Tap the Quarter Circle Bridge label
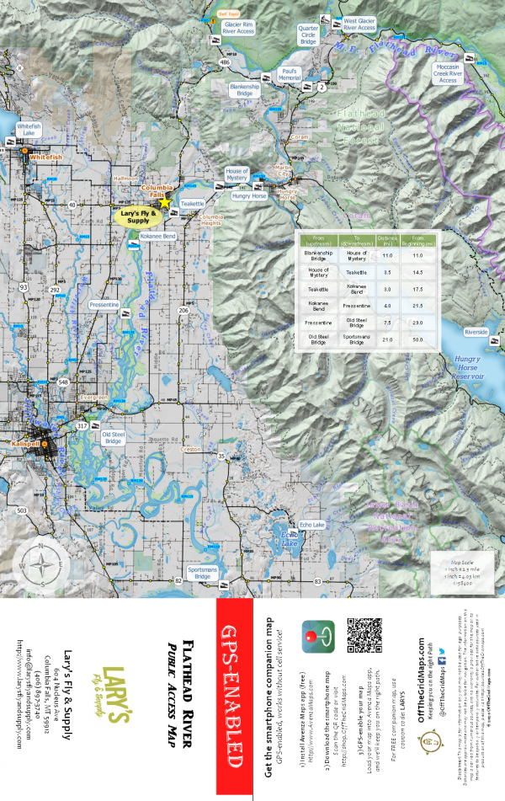309,34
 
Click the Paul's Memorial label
290,75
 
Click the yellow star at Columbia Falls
165,202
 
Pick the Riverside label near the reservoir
476,333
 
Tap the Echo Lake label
316,524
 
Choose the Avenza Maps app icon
318,638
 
